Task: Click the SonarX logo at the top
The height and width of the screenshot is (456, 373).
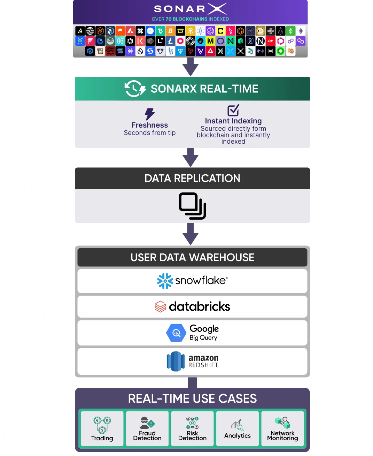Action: pyautogui.click(x=190, y=9)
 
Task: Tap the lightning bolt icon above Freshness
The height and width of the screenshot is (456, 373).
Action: pyautogui.click(x=150, y=114)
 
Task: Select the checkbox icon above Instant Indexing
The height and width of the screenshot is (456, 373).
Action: pyautogui.click(x=233, y=110)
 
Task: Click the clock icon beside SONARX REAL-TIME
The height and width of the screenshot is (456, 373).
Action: pyautogui.click(x=135, y=89)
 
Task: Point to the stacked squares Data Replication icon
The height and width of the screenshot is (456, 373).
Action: pyautogui.click(x=192, y=206)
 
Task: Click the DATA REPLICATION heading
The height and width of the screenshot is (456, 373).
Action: pyautogui.click(x=192, y=178)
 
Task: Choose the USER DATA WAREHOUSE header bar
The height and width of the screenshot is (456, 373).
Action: pyautogui.click(x=192, y=257)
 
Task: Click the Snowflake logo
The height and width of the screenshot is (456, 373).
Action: pyautogui.click(x=192, y=281)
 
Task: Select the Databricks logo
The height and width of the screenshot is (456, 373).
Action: pyautogui.click(x=192, y=307)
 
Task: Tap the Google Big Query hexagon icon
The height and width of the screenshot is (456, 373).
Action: pyautogui.click(x=176, y=333)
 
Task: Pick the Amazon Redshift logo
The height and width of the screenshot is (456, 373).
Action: pyautogui.click(x=192, y=361)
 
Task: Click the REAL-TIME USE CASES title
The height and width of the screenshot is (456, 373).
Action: pyautogui.click(x=192, y=398)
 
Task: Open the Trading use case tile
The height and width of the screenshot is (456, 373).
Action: pyautogui.click(x=102, y=428)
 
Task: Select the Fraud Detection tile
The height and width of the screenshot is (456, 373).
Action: pyautogui.click(x=147, y=428)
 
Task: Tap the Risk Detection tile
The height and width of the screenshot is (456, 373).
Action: pyautogui.click(x=192, y=428)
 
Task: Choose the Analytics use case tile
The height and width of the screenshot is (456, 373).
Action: pyautogui.click(x=238, y=428)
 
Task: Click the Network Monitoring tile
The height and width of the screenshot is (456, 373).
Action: pyautogui.click(x=282, y=428)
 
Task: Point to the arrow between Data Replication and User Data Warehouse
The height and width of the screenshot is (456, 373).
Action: pyautogui.click(x=191, y=234)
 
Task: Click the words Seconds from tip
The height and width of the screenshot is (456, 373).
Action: pyautogui.click(x=150, y=133)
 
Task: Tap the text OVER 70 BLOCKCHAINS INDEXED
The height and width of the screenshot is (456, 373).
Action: pyautogui.click(x=190, y=19)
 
